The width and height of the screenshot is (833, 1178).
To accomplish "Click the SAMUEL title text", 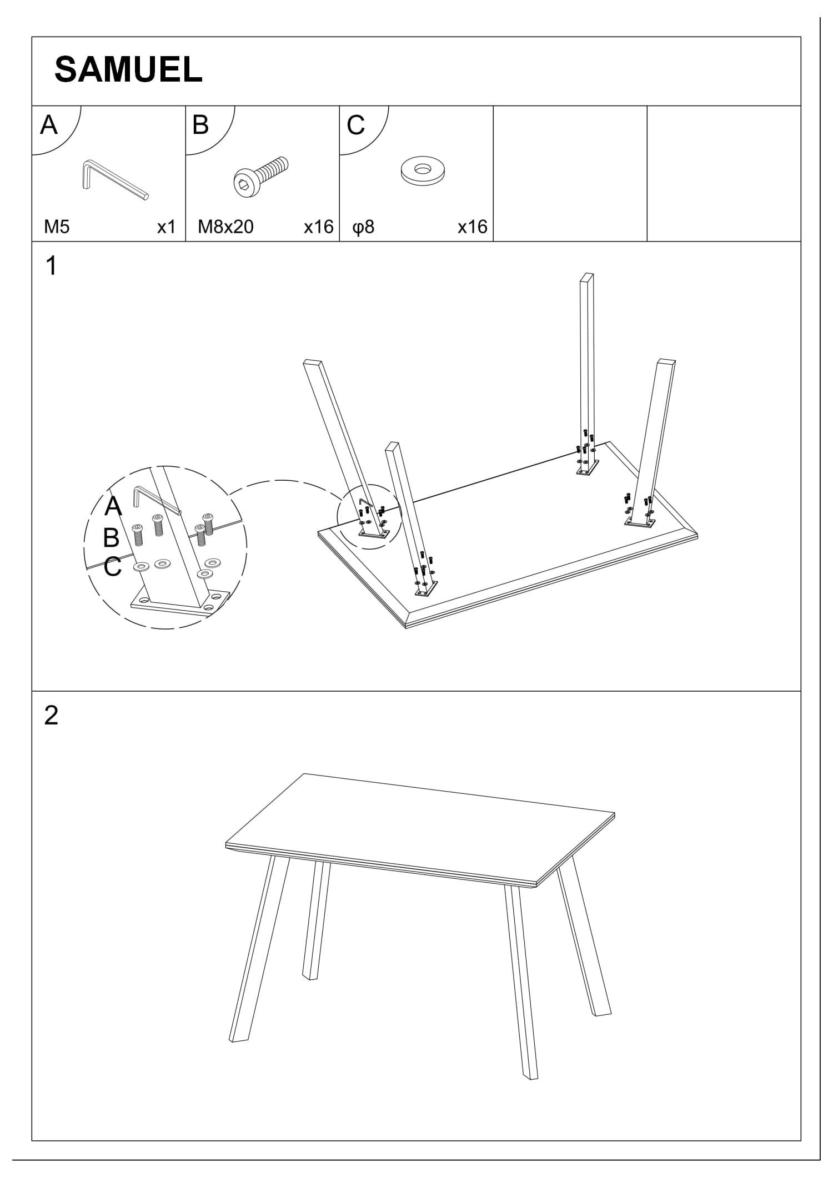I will (128, 71).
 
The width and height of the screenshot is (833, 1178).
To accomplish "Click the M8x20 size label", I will (225, 227).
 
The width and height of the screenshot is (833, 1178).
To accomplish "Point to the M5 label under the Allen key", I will (57, 227).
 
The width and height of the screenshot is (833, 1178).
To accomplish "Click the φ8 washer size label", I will (364, 227).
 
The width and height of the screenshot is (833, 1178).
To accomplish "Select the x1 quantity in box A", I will (166, 227).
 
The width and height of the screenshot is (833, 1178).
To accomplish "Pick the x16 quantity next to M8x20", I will (318, 227).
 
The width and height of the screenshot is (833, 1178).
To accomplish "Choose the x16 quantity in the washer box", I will (472, 227).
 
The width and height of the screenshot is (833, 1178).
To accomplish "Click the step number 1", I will (51, 266).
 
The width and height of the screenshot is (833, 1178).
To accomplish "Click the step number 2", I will (51, 716).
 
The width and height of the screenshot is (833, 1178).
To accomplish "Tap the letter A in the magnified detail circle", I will (113, 506).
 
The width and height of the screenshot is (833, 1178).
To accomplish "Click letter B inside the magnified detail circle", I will (111, 537).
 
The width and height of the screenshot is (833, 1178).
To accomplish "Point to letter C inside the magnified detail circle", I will (112, 567).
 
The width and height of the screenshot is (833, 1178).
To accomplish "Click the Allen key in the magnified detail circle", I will (155, 501).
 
